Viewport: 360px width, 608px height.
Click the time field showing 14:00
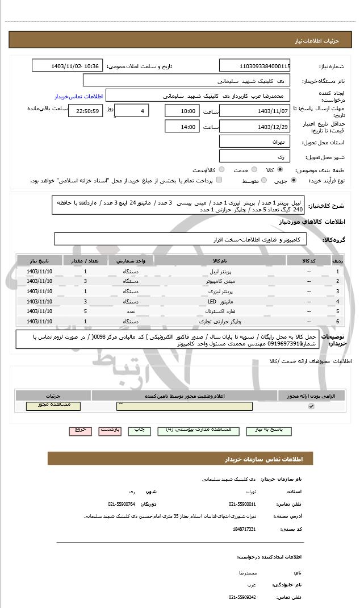coord(182,127)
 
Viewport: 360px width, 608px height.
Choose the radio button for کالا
coord(280,169)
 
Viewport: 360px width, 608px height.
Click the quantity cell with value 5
coord(85,311)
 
